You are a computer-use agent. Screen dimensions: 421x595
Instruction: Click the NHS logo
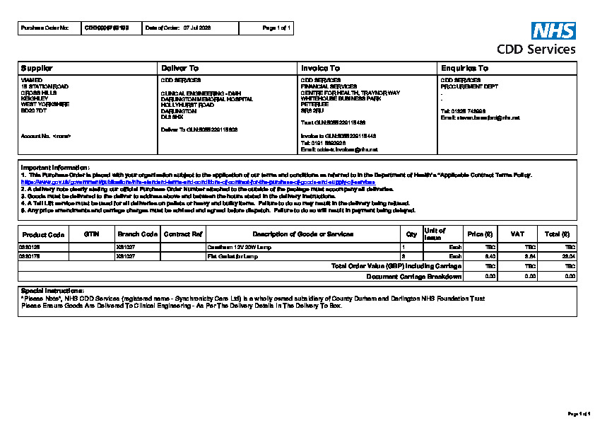pyautogui.click(x=553, y=30)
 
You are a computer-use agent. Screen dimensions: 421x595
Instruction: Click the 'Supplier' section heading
pyautogui.click(x=37, y=69)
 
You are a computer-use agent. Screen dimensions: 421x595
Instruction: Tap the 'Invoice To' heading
pyautogui.click(x=320, y=69)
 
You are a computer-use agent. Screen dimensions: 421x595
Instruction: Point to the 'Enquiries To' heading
pyautogui.click(x=464, y=69)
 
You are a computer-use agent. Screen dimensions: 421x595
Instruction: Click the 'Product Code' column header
pyautogui.click(x=43, y=234)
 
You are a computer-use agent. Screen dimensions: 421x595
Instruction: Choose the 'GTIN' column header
pyautogui.click(x=91, y=233)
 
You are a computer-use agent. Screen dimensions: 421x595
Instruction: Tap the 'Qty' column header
pyautogui.click(x=411, y=234)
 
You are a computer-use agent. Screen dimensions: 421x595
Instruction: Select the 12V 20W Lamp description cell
pyautogui.click(x=239, y=247)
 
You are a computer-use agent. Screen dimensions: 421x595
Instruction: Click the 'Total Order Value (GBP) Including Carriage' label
pyautogui.click(x=396, y=266)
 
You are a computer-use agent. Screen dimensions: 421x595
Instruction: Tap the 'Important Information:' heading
pyautogui.click(x=55, y=167)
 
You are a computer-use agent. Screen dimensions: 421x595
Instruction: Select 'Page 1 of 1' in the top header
pyautogui.click(x=276, y=28)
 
